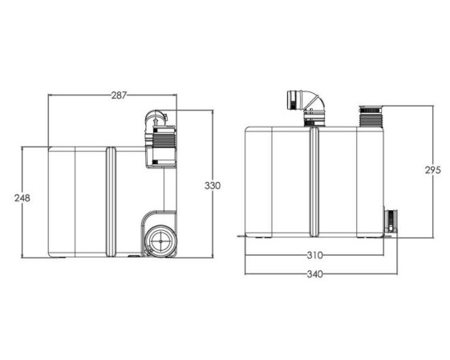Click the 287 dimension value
coord(119,95)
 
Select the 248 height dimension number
coord(22,198)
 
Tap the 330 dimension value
coord(213,186)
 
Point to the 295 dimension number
coord(433,171)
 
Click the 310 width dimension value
coord(314,255)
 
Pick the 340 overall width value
coord(314,274)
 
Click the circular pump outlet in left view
coord(160,241)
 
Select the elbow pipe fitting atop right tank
coord(306,108)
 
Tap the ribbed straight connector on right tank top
coord(371,116)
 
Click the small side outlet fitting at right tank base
coord(391,222)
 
